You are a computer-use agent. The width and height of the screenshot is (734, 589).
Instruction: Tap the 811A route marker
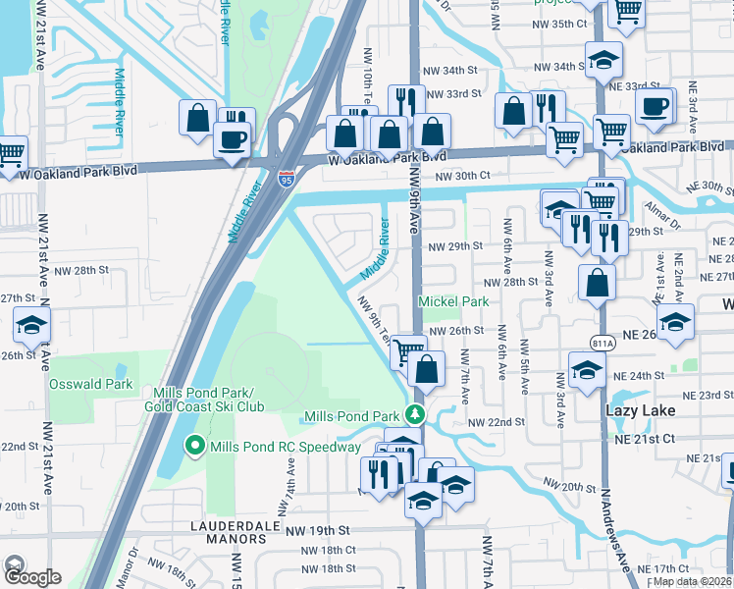pyautogui.click(x=603, y=342)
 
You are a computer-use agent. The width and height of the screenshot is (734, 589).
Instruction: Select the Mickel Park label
pyautogui.click(x=454, y=302)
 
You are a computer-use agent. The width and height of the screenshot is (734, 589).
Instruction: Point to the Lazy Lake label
pyautogui.click(x=641, y=410)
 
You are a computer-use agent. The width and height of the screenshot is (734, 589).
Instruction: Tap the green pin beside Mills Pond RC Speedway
pyautogui.click(x=194, y=448)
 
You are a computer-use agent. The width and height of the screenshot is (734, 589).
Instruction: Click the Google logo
pyautogui.click(x=31, y=577)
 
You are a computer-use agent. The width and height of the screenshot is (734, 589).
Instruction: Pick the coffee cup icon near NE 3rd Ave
pyautogui.click(x=653, y=105)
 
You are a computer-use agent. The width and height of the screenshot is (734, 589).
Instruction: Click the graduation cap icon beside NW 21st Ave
pyautogui.click(x=31, y=325)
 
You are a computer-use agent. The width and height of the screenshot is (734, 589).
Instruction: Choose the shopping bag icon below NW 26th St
pyautogui.click(x=426, y=370)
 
